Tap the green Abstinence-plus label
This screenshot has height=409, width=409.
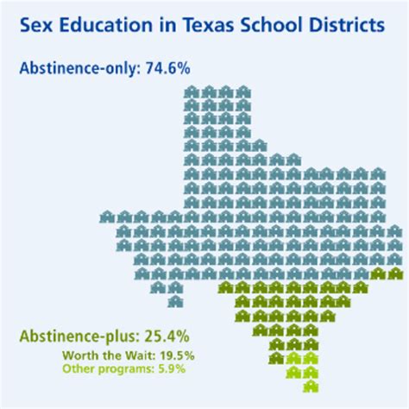76,333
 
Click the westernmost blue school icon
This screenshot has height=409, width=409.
107,217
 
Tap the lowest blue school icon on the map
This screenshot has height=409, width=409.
175,301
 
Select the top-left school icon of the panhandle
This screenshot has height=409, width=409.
192,91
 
